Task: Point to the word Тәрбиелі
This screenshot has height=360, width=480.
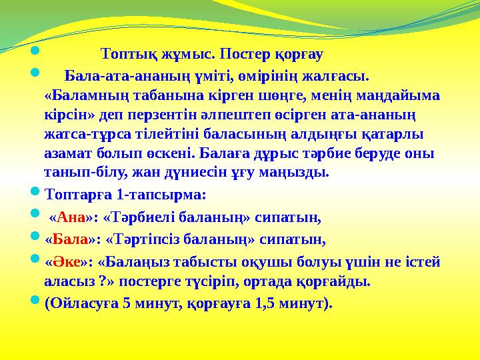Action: coord(139,217)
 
